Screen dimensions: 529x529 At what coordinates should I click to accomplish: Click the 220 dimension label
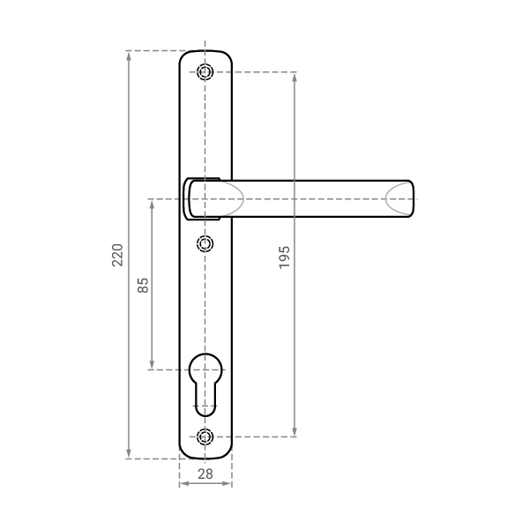click(x=117, y=255)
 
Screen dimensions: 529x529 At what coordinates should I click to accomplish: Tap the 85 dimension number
click(x=143, y=285)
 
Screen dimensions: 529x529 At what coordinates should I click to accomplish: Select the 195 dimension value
click(x=285, y=257)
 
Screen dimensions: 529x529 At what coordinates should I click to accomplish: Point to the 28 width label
click(x=205, y=474)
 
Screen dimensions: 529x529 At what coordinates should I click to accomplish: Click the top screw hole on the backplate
click(x=205, y=72)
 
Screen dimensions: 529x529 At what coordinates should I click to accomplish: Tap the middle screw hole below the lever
click(x=205, y=243)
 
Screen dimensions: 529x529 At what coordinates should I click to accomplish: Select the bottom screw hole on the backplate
click(x=205, y=436)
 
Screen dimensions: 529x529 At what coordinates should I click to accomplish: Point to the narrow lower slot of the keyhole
click(x=205, y=399)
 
